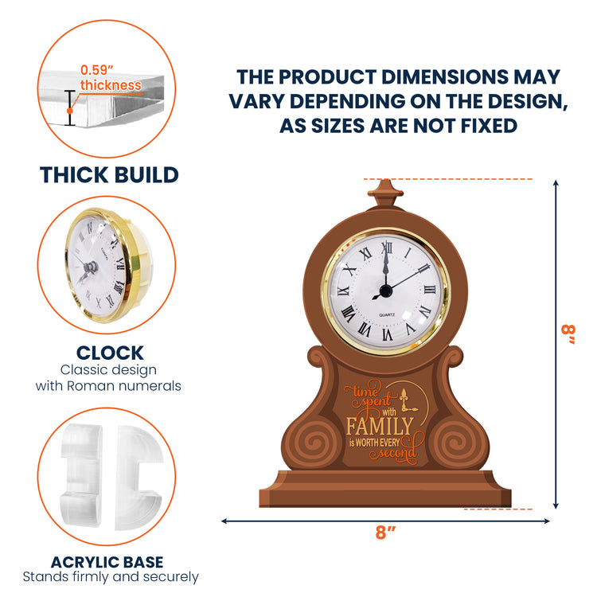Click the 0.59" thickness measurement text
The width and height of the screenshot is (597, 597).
[111, 78]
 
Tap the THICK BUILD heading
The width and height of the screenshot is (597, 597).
[109, 175]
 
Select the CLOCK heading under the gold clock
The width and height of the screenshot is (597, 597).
[110, 353]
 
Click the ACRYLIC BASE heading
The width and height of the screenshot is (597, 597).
[107, 562]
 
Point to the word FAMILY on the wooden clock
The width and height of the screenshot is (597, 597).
[380, 427]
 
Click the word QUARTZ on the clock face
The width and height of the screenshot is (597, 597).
[387, 315]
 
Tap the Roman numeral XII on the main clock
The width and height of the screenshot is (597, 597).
[387, 248]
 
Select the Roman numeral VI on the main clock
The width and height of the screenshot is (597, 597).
[387, 334]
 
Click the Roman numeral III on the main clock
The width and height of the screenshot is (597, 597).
[430, 290]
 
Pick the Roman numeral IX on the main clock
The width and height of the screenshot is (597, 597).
[343, 291]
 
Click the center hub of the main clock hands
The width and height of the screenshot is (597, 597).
[386, 291]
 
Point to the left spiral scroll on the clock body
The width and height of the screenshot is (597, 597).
[314, 443]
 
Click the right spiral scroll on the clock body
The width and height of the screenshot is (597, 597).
[456, 443]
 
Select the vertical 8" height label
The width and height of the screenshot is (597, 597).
[568, 335]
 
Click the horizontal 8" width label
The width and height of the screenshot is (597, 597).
[385, 533]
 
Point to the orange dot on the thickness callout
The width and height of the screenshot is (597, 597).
[70, 111]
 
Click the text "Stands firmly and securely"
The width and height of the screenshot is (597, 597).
[111, 577]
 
